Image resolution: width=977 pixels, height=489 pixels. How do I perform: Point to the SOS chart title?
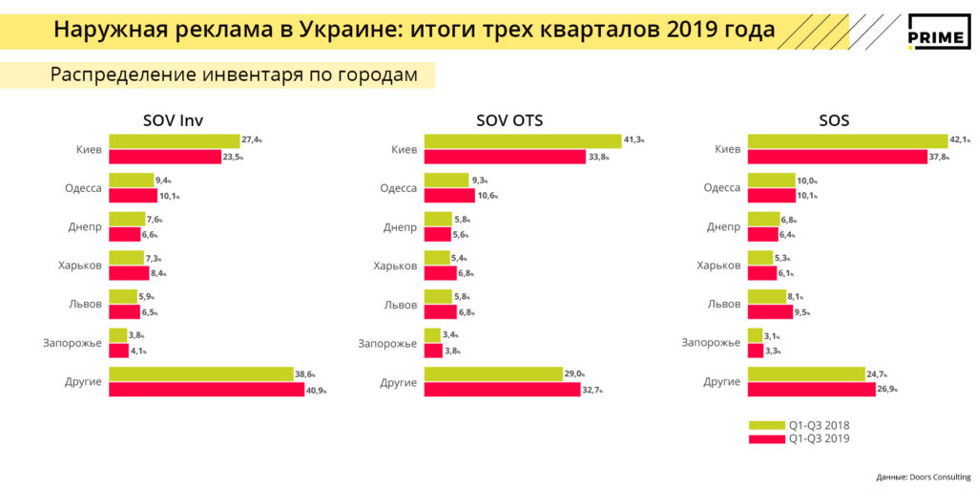click(x=833, y=120)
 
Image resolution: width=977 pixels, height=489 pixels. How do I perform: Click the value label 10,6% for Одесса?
click(x=488, y=196)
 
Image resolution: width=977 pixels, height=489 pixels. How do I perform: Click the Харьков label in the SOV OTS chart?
click(x=395, y=266)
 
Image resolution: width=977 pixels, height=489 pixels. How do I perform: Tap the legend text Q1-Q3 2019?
click(x=818, y=438)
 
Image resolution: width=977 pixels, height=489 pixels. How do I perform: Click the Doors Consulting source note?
click(x=923, y=477)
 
